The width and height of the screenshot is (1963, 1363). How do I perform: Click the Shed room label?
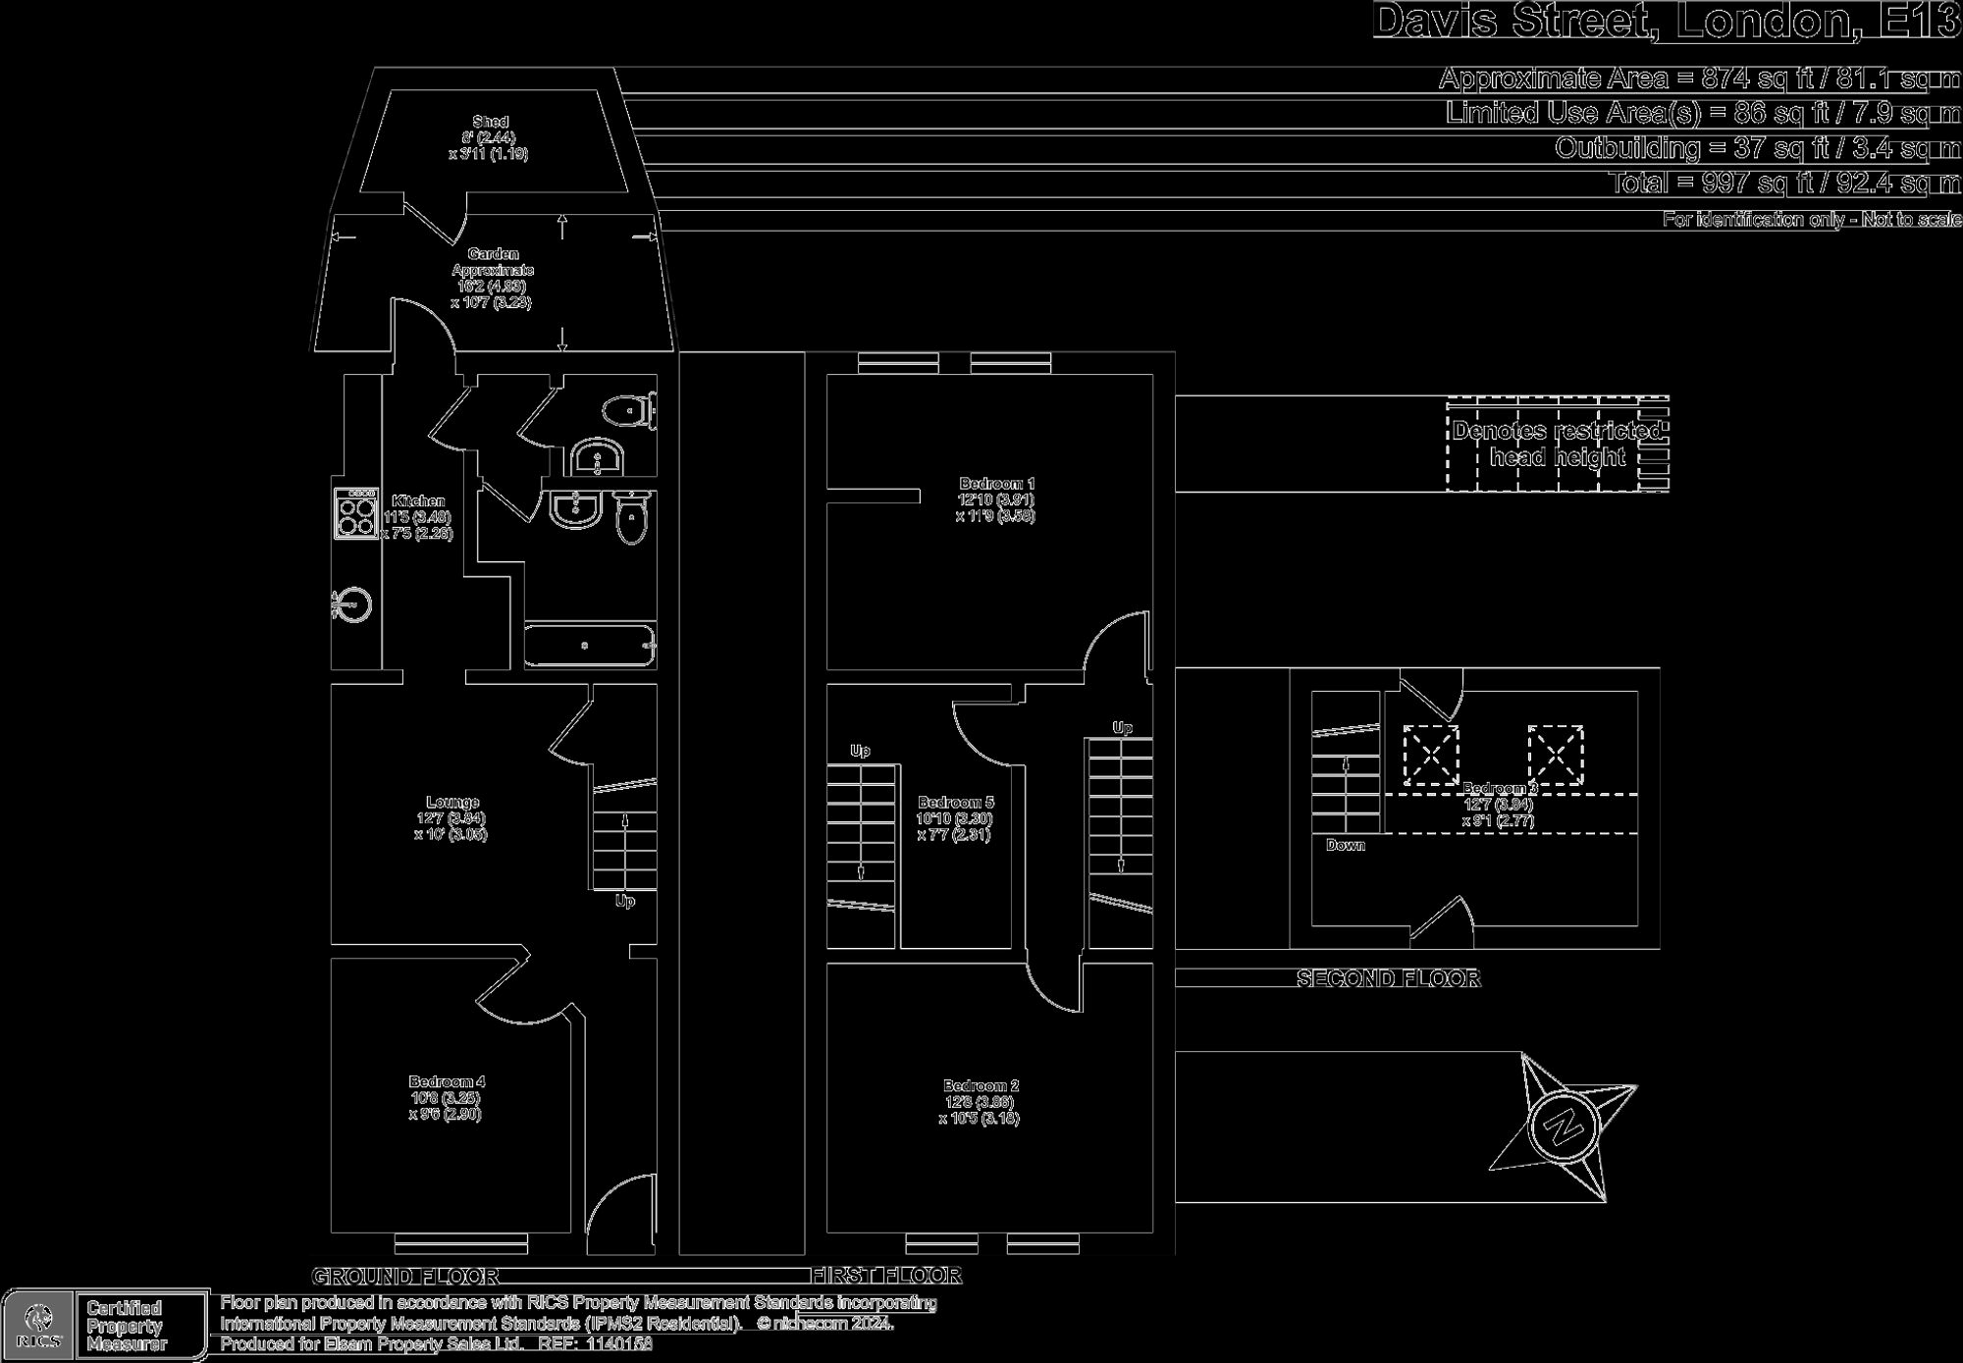click(x=490, y=122)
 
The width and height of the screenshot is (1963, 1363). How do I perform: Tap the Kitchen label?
click(x=418, y=501)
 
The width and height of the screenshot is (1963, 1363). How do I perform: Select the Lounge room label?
click(x=452, y=803)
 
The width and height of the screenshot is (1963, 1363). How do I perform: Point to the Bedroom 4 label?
click(x=447, y=1082)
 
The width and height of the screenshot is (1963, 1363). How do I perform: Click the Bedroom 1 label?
click(x=996, y=484)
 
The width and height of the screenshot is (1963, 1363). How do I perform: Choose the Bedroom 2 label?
click(x=981, y=1086)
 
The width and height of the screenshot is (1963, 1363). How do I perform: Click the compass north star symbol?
click(x=1562, y=1126)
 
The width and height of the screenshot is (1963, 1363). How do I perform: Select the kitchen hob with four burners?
click(x=355, y=514)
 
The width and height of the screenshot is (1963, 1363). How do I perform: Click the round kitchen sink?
click(x=353, y=605)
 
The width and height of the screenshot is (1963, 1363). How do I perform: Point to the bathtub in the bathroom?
click(x=589, y=646)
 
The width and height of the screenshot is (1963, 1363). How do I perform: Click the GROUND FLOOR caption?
click(x=405, y=1277)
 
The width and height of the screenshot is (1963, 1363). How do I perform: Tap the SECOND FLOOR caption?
click(x=1388, y=978)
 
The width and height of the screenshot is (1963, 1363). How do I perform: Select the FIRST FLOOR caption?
click(x=886, y=1276)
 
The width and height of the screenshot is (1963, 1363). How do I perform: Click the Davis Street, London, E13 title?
click(x=1666, y=22)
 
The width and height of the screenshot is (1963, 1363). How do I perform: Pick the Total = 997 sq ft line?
click(x=1783, y=183)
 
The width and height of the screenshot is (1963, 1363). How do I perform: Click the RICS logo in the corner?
click(x=39, y=1325)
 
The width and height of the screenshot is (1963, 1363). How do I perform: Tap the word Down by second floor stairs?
click(x=1345, y=845)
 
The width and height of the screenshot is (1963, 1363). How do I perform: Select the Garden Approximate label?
click(x=493, y=262)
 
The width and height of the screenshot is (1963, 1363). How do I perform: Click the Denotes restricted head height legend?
click(x=1557, y=444)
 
